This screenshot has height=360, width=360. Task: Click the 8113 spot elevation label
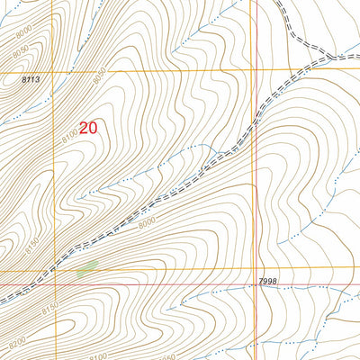[x=31, y=80]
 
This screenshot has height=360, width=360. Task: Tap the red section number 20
[x=87, y=128]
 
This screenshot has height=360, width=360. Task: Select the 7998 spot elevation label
[x=266, y=282]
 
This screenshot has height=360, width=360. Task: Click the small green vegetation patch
[x=87, y=267]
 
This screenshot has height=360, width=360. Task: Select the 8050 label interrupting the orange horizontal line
[x=99, y=70]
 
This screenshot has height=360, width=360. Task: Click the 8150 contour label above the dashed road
[x=31, y=244]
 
